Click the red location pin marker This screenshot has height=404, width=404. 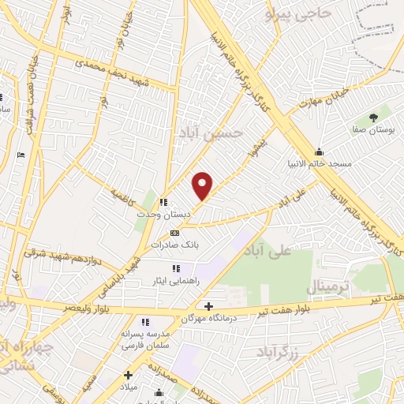[204, 185]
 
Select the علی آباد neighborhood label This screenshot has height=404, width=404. [290, 250]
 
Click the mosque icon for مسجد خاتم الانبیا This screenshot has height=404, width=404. [319, 153]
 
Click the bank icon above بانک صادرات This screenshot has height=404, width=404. [174, 233]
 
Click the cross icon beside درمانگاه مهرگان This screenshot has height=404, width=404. [208, 306]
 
